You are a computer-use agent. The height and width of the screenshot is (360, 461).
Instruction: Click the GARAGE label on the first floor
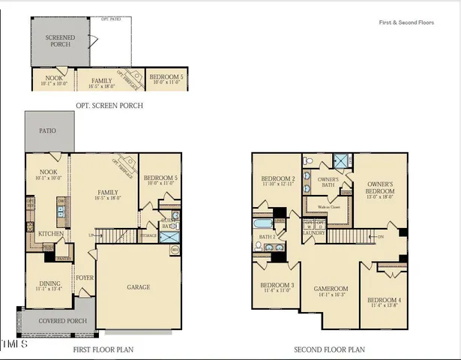pos(138,287)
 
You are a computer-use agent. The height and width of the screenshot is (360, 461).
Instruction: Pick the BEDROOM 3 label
pos(277,286)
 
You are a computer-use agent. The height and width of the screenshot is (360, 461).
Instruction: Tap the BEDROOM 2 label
pos(278,181)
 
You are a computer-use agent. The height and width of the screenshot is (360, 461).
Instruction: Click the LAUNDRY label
pos(313,232)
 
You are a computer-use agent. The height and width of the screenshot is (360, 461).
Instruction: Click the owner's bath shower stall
pos(342,160)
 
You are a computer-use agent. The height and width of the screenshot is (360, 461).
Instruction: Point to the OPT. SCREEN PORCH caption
pos(109,106)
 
